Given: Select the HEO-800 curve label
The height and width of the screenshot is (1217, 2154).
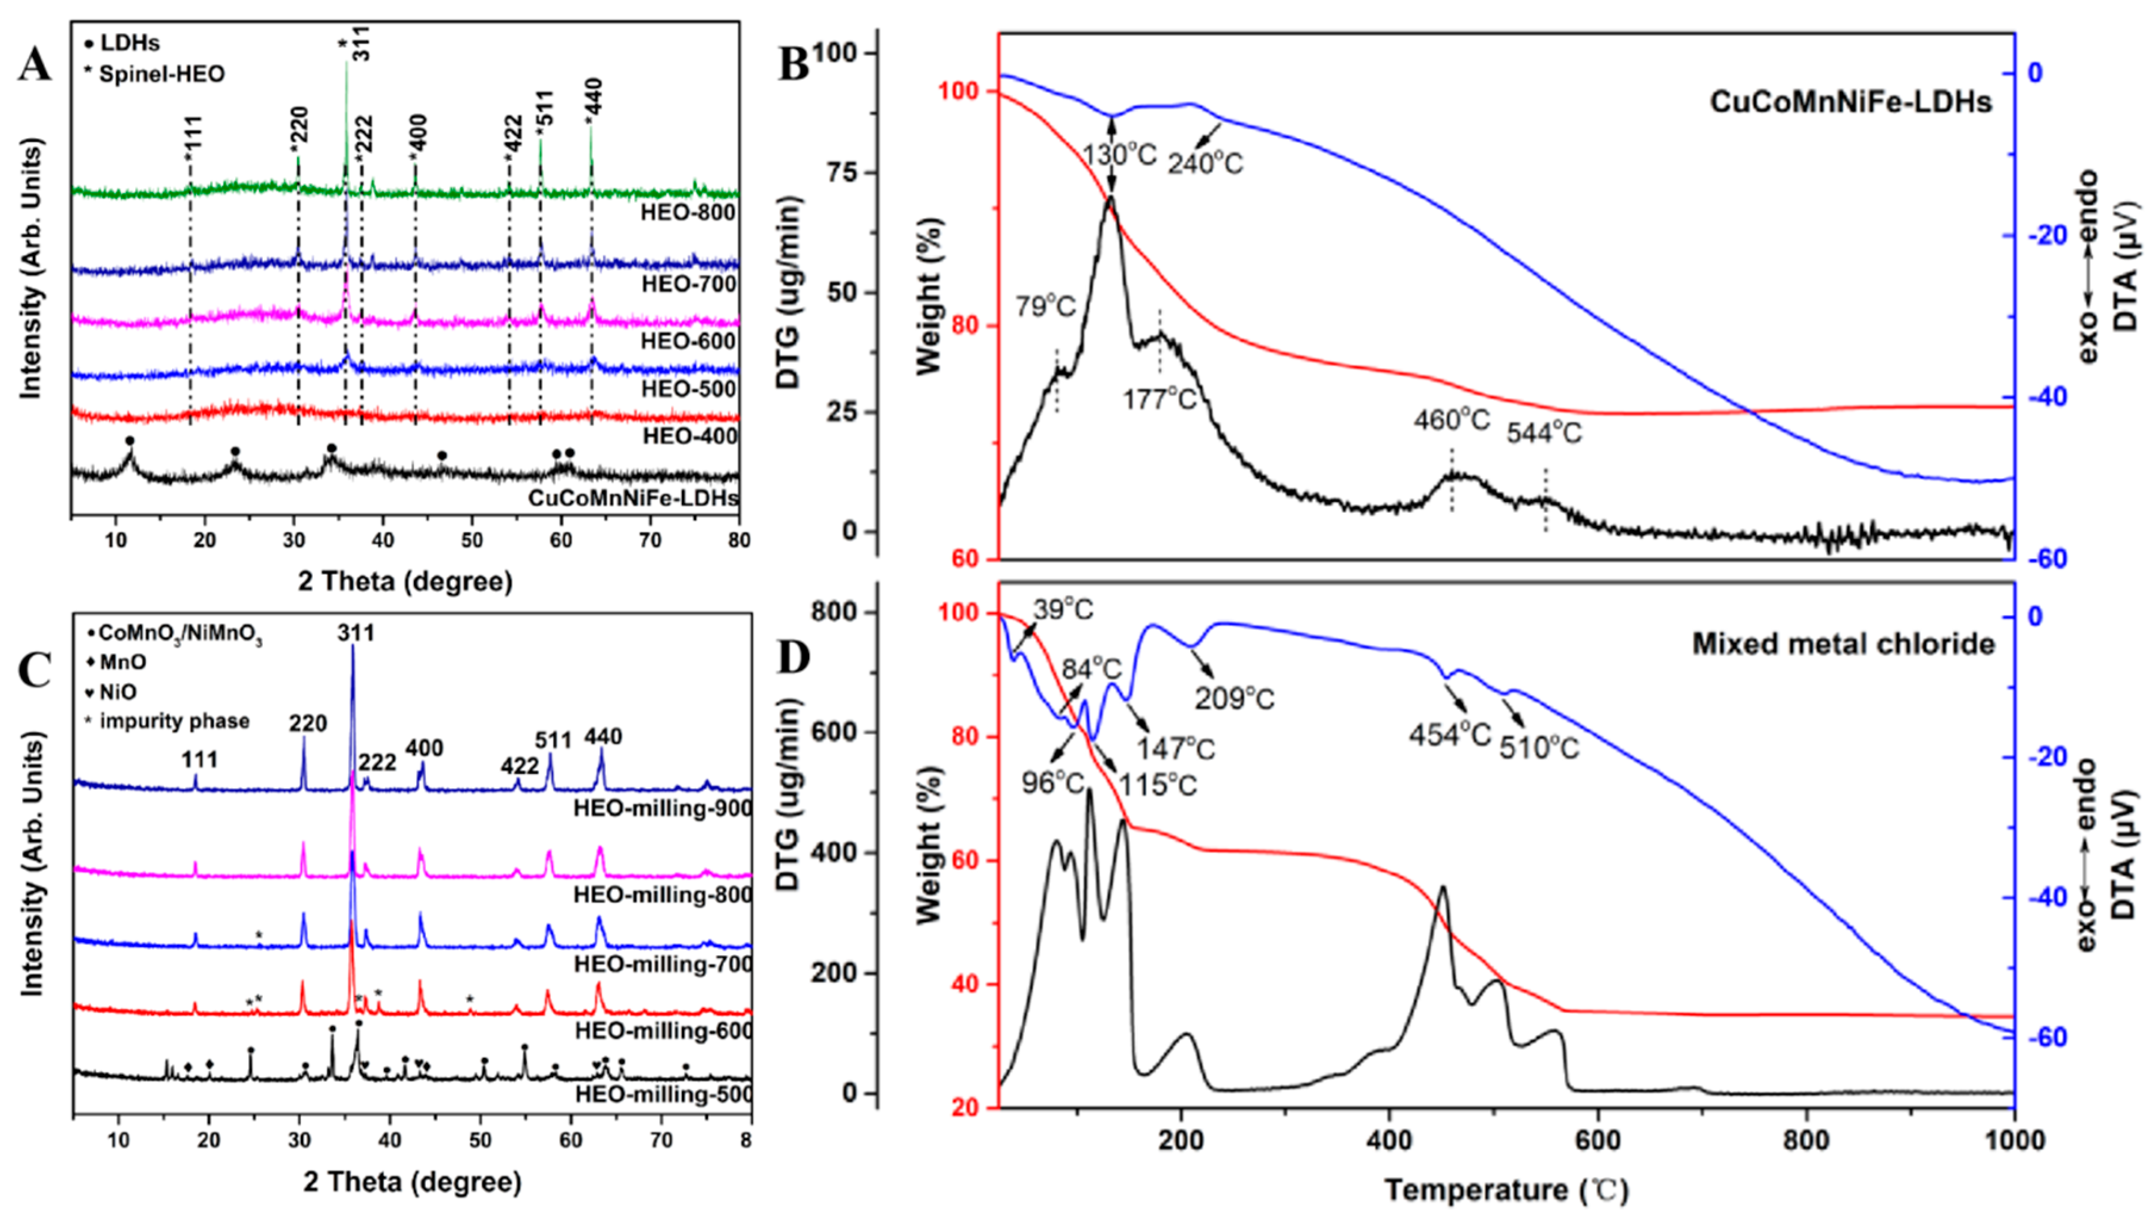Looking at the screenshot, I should (x=688, y=213).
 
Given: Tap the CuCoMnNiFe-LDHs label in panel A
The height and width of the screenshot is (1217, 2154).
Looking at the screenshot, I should (x=633, y=499).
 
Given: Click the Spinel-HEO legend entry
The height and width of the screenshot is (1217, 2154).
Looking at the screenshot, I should (x=161, y=74).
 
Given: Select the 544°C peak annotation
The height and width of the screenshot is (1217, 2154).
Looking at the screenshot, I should (x=1544, y=432).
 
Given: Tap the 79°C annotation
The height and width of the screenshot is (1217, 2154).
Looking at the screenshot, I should (x=1045, y=307).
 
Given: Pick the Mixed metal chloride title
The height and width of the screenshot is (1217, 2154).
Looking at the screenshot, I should (x=1843, y=644).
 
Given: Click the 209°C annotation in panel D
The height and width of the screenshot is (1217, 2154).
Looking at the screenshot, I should (x=1234, y=698).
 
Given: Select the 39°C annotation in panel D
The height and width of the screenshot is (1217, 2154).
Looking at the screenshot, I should (x=1062, y=610).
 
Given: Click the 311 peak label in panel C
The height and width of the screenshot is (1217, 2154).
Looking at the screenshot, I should (x=355, y=633).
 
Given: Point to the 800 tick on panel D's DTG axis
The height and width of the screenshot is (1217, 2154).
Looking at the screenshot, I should (x=835, y=611).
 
